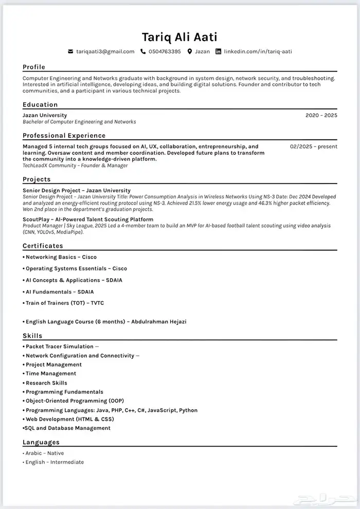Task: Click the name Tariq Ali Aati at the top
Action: (x=179, y=37)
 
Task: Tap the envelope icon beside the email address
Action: (x=70, y=51)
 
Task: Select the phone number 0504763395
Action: (x=165, y=51)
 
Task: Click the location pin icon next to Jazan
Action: (x=190, y=51)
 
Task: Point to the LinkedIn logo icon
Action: (x=218, y=51)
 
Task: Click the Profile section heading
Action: (x=34, y=67)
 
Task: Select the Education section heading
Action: (x=40, y=104)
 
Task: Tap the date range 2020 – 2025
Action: (x=321, y=116)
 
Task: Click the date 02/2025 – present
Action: (x=314, y=147)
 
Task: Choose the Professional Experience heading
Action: (x=64, y=136)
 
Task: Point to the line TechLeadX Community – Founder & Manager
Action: (x=75, y=166)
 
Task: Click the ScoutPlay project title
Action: (x=88, y=220)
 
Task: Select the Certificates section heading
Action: (x=43, y=246)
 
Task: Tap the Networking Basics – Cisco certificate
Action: (x=61, y=257)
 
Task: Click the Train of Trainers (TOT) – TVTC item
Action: (x=64, y=303)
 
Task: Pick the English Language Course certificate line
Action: (x=105, y=322)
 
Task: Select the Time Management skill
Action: (x=50, y=374)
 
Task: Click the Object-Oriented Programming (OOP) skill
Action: (x=75, y=401)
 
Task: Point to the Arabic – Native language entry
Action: (x=44, y=453)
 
